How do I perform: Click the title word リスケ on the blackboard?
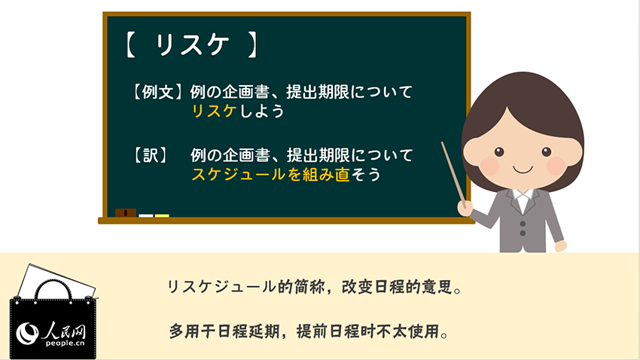(x=192, y=44)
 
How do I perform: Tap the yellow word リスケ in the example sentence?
(x=215, y=111)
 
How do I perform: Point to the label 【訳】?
(x=151, y=155)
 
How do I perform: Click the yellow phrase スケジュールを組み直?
(x=270, y=175)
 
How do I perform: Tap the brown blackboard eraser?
(x=125, y=212)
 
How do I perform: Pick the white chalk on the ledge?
(x=146, y=215)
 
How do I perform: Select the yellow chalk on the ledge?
(x=162, y=215)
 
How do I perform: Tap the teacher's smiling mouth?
(x=523, y=169)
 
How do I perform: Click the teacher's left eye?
(x=499, y=152)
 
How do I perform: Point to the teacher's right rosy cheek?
(x=556, y=166)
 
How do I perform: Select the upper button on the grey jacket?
(x=523, y=224)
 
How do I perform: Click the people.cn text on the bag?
(x=66, y=343)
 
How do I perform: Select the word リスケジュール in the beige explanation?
(x=221, y=286)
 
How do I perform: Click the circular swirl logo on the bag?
(x=27, y=333)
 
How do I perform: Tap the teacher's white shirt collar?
(x=523, y=197)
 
